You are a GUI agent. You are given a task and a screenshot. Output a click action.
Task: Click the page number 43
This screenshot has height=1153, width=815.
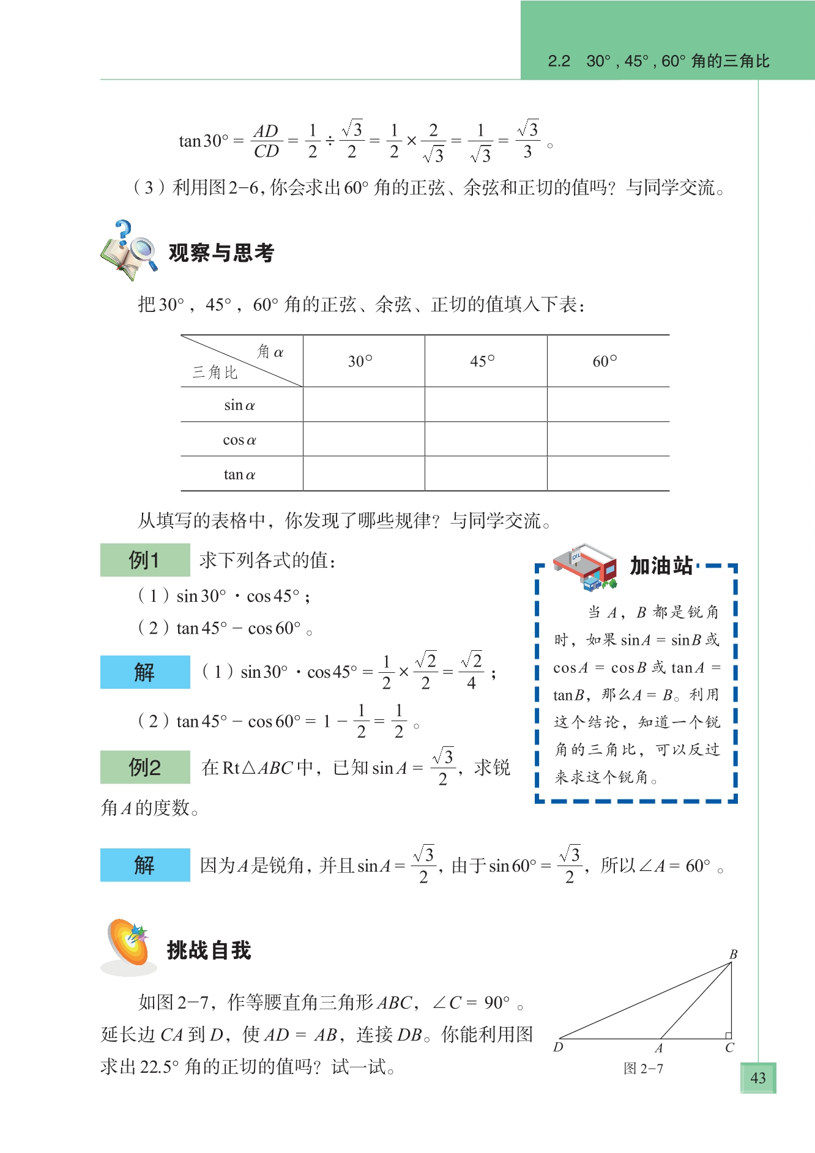[x=757, y=1078]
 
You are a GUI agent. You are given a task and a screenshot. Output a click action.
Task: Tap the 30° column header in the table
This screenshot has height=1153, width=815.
[x=360, y=361]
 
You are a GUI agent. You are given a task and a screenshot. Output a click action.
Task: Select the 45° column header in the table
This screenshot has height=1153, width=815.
[x=482, y=361]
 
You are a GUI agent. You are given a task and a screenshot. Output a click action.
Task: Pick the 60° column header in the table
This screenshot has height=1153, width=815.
[x=605, y=361]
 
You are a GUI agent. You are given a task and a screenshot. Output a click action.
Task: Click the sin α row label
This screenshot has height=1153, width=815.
[x=239, y=405]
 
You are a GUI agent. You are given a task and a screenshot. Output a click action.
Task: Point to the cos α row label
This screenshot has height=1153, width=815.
[x=239, y=440]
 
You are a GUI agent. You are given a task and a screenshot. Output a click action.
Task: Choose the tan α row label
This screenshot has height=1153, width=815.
[x=239, y=474]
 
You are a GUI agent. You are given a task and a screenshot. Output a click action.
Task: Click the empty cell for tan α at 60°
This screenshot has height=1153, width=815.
[x=608, y=473]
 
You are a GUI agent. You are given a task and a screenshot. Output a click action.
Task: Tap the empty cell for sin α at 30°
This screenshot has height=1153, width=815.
[x=363, y=404]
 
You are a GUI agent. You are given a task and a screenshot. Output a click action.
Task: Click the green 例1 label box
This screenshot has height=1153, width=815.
[x=145, y=560]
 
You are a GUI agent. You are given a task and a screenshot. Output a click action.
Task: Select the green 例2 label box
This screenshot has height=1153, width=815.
[x=145, y=767]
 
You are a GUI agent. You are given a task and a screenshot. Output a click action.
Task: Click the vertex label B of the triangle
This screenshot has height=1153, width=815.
[x=733, y=955]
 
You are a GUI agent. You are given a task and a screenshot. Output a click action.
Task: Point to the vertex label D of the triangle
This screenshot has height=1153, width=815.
[x=558, y=1047]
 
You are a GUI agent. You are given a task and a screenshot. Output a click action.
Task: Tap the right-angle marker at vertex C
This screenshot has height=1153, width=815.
[x=728, y=1035]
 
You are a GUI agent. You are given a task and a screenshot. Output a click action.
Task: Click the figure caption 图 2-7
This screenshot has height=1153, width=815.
[x=643, y=1069]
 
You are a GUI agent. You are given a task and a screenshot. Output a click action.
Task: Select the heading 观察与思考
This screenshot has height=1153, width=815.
[x=221, y=253]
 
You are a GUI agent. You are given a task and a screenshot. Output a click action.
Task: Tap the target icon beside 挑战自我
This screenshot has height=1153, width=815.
[x=129, y=946]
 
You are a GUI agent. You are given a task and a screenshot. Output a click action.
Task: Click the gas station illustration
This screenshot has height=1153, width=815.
[x=585, y=566]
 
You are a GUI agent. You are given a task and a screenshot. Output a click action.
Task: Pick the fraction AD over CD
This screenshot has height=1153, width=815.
[x=266, y=141]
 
